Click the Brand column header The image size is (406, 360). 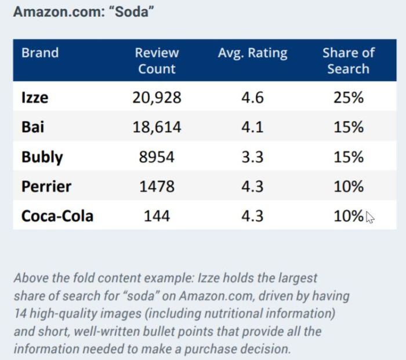coord(40,53)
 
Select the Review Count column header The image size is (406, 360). coord(157,60)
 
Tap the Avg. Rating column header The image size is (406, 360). coord(252,53)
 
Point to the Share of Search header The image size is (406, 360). coord(348,60)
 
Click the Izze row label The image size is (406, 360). coord(35,97)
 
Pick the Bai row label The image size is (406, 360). coord(32,127)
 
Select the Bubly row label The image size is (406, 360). coord(42,157)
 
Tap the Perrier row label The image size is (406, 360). coord(46,187)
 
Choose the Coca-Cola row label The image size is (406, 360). coord(57,216)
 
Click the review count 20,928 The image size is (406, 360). coord(157,97)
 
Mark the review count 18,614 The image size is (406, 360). coord(157,127)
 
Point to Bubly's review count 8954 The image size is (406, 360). coord(157,157)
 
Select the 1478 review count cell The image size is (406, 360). coord(157,187)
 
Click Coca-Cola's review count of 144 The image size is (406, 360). coord(157,216)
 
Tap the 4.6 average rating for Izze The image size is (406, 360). coord(252,97)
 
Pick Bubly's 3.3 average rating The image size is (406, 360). coord(252,157)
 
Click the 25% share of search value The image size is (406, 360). coord(348,97)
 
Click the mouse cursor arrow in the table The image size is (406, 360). coord(369,217)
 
